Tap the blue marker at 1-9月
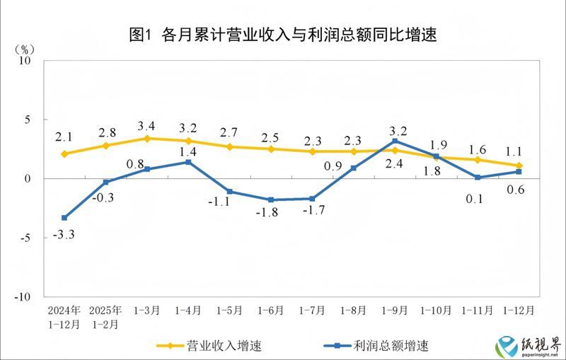point(395,141)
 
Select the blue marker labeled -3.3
point(64,218)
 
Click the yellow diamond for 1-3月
point(147,139)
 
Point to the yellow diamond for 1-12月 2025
point(519,166)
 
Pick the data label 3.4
point(147,126)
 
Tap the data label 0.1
point(474,199)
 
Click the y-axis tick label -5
point(26,238)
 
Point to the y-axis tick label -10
point(23,297)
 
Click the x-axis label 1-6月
point(271,310)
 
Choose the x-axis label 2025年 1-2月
point(106,318)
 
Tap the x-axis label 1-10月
point(436,310)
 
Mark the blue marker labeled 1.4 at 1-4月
point(188,162)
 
